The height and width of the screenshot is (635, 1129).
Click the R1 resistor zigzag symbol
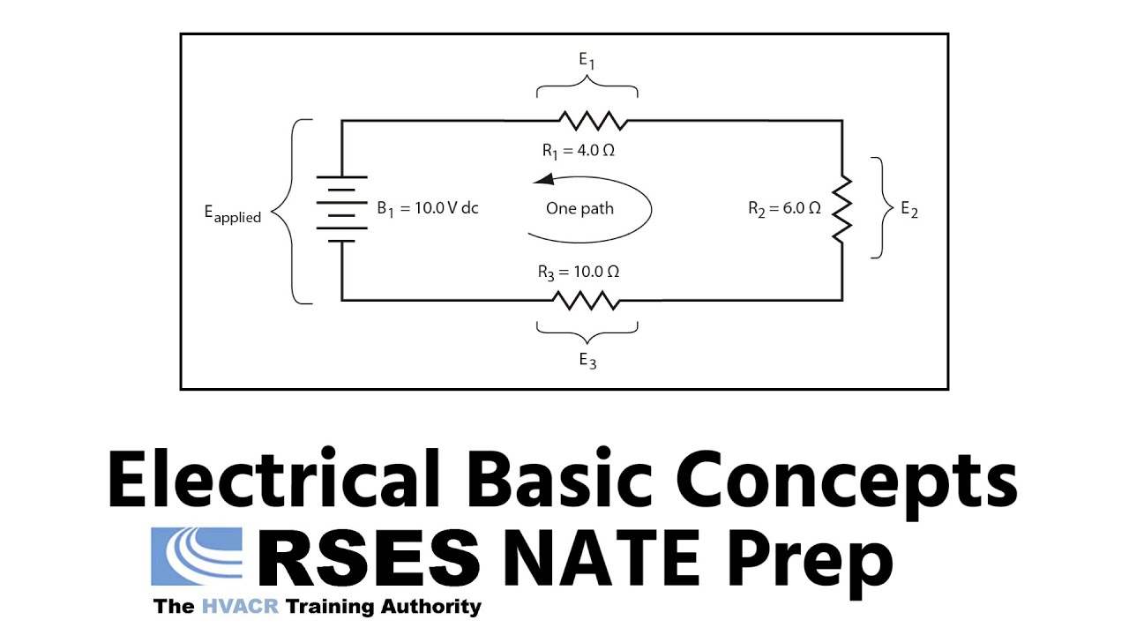click(x=594, y=121)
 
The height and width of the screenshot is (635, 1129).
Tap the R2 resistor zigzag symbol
click(x=841, y=209)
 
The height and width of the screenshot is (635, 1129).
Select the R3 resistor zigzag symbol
click(x=587, y=301)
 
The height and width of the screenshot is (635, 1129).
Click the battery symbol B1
click(x=341, y=209)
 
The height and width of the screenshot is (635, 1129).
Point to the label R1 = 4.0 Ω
click(x=578, y=151)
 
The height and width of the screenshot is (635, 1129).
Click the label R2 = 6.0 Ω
click(x=784, y=209)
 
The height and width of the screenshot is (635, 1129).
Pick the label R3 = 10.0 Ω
click(x=578, y=273)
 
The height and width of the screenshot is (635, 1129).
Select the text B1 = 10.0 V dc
click(x=428, y=208)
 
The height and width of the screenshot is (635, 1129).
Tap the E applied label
click(x=232, y=213)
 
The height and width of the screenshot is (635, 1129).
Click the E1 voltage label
click(x=587, y=61)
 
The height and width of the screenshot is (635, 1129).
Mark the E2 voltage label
click(x=909, y=209)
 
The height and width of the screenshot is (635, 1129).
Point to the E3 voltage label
click(x=587, y=361)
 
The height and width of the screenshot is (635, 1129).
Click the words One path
click(x=579, y=209)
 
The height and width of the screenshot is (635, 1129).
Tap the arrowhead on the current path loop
click(x=543, y=179)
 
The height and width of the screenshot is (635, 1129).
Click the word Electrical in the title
click(x=273, y=478)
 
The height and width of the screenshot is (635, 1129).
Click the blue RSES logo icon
click(x=197, y=557)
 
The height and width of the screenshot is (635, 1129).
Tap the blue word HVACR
click(x=240, y=606)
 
